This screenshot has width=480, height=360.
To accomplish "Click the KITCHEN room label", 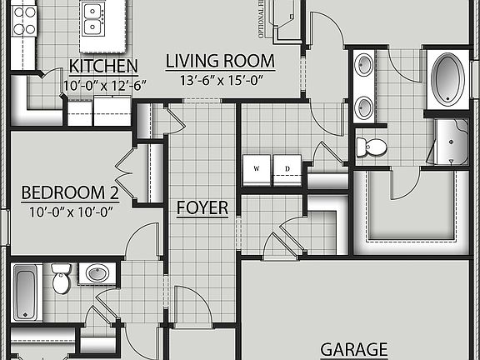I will (103, 66).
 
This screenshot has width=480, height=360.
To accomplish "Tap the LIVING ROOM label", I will (220, 61).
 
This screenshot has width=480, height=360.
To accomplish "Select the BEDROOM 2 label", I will (70, 193).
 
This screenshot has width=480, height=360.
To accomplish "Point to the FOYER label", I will (202, 207).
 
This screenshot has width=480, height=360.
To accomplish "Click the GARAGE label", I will (355, 349).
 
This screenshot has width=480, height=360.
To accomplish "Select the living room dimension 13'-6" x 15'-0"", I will (220, 80).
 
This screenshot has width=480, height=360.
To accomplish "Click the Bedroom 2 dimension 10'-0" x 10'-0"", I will (69, 212).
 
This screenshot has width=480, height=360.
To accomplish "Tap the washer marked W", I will (257, 169).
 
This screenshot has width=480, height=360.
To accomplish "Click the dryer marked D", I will (288, 169).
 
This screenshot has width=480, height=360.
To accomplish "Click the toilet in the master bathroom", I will (372, 147).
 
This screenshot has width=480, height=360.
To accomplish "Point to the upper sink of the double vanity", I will (364, 66).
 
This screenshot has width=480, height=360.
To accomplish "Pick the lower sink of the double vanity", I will (364, 106).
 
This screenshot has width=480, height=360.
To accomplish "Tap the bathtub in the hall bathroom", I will (27, 292).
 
